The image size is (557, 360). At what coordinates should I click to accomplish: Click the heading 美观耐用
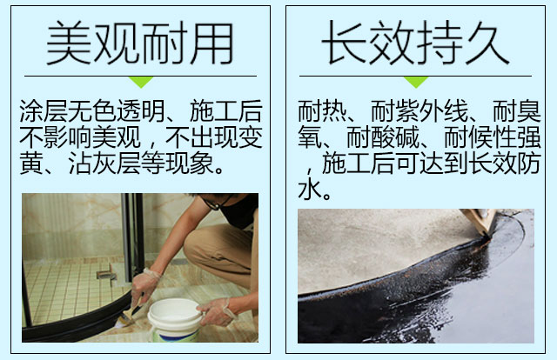[x=139, y=43]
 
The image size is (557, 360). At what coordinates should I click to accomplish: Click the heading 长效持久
[x=415, y=43]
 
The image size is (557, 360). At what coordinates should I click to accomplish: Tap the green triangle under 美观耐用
[x=141, y=82]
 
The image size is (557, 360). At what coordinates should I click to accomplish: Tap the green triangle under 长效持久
[x=416, y=82]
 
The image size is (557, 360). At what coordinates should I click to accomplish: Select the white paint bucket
[x=175, y=320]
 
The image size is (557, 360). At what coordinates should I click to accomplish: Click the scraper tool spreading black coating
[x=478, y=221]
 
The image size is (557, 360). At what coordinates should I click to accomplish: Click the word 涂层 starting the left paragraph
[x=44, y=111]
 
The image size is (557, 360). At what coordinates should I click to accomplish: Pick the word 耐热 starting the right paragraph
[x=322, y=111]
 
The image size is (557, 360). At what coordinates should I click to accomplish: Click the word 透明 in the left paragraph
[x=141, y=111]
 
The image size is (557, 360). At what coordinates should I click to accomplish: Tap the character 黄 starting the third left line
[x=31, y=163]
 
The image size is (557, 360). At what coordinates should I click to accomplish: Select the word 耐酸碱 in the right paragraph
[x=383, y=137]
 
